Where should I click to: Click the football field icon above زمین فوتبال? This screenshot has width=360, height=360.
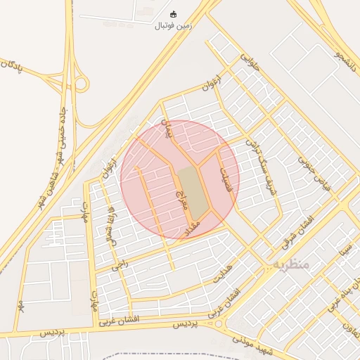174,14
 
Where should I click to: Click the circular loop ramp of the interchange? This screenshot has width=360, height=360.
81,84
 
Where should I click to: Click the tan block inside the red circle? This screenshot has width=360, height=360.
193,191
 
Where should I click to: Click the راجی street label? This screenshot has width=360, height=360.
121,263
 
